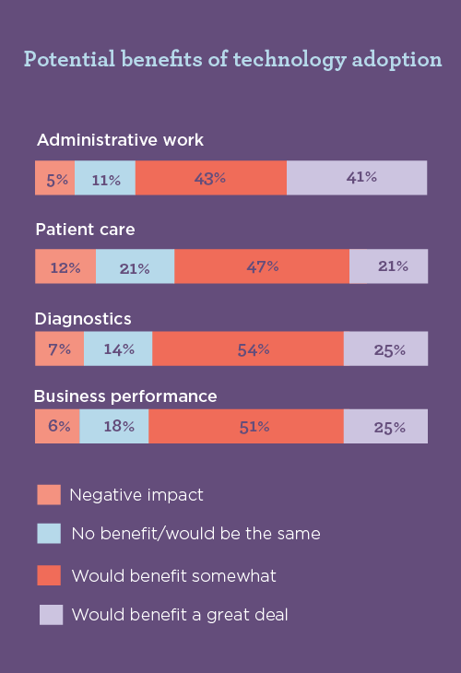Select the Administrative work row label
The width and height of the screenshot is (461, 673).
120,140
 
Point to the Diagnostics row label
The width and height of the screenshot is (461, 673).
83,318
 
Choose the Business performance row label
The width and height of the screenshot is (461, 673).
125,396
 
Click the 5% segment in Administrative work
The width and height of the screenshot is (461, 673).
54,178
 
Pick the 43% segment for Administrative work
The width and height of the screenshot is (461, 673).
210,178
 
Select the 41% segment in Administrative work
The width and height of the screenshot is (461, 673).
357,178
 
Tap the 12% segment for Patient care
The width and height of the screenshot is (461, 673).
65,266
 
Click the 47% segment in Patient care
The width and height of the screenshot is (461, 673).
261,266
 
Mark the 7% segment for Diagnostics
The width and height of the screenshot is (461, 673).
59,349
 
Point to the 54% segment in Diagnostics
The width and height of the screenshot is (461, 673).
248,349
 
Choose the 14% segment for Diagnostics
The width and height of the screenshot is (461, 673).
118,349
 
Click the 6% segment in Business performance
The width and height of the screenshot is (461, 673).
57,426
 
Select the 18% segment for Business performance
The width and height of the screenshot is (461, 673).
114,426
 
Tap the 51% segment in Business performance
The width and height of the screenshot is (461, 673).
246,426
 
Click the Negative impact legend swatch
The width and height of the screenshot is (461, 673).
49,495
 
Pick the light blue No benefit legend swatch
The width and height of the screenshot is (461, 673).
49,534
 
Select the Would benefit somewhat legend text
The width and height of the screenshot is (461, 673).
173,576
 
